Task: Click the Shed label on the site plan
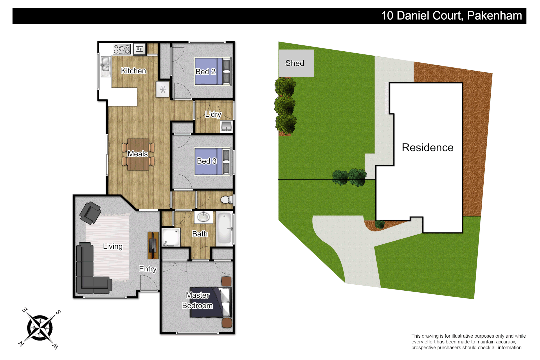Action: [295, 63]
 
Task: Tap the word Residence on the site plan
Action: [427, 147]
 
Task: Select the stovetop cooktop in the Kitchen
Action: [122, 49]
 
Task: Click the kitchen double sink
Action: [105, 65]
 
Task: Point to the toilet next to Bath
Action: [226, 200]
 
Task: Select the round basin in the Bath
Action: [203, 217]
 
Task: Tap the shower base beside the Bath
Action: [171, 237]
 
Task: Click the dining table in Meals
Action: [138, 154]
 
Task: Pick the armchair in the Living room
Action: [90, 213]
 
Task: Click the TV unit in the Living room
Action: [153, 245]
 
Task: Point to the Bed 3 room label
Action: [206, 161]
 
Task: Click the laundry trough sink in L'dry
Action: [226, 126]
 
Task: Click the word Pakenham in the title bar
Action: [494, 16]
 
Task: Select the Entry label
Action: [148, 269]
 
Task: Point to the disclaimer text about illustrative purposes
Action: [468, 342]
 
